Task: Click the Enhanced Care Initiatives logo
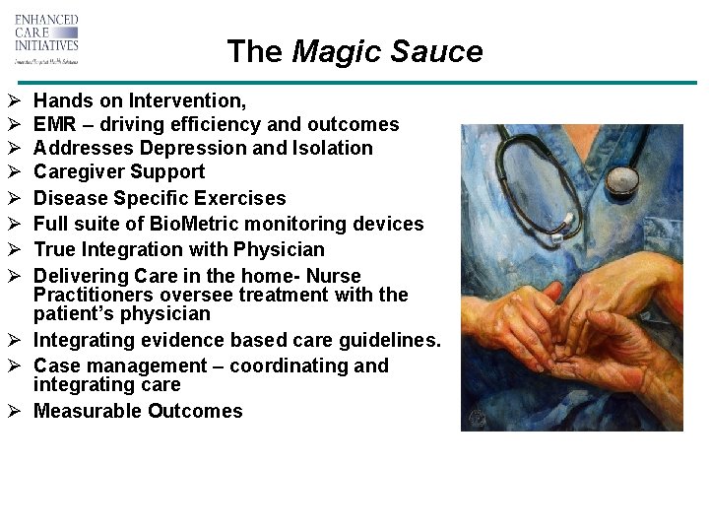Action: [46, 38]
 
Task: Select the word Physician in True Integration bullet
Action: [278, 249]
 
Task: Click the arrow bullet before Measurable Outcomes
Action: [14, 412]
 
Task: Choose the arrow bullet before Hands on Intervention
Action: [14, 100]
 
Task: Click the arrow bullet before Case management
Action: [14, 366]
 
